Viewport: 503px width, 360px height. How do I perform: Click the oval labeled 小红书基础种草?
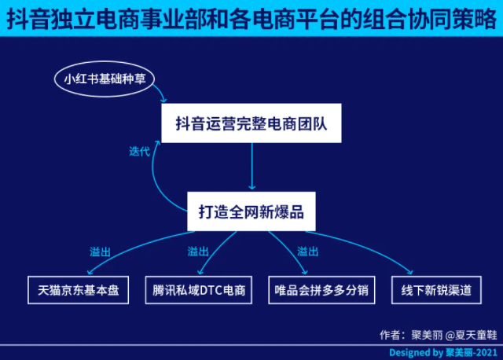coord(105,79)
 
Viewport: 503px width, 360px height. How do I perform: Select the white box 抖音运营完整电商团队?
coord(251,123)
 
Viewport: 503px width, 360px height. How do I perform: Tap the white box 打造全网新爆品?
coord(251,211)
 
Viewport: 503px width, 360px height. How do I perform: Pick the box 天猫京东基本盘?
coord(79,290)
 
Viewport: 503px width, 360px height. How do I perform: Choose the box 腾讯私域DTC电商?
coord(199,290)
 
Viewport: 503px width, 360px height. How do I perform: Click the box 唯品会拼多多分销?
coord(321,290)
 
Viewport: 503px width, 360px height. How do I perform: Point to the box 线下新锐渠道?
coord(436,290)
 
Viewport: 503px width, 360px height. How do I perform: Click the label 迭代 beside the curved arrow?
coord(140,152)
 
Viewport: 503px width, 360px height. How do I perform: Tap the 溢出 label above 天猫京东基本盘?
coord(100,252)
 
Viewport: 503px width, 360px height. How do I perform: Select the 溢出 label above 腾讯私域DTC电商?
coord(198,252)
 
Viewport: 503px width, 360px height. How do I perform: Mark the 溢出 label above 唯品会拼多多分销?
coord(307,252)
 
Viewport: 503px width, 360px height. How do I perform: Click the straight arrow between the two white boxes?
coord(251,166)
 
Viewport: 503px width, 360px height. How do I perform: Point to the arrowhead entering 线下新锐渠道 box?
coord(410,272)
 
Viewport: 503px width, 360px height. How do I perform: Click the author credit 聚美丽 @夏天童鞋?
coord(454,335)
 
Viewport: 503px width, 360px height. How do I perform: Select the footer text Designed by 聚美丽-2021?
coord(443,353)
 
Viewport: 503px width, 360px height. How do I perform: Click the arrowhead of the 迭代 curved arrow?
coord(157,143)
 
